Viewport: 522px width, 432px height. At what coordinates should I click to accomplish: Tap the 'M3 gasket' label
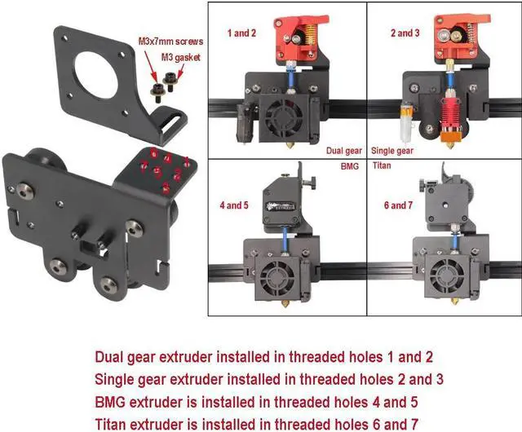click(178, 57)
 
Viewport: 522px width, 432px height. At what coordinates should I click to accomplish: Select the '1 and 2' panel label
click(242, 33)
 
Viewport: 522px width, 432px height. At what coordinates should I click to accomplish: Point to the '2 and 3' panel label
click(405, 33)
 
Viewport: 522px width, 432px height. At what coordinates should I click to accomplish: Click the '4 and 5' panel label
click(234, 205)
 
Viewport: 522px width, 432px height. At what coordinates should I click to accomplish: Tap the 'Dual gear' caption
click(343, 151)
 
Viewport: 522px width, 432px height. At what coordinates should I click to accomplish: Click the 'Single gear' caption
click(393, 151)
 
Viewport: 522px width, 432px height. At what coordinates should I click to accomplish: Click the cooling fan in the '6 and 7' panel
click(448, 272)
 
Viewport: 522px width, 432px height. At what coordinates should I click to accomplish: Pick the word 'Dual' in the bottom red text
click(111, 357)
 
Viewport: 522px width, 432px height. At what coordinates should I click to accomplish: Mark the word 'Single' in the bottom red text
click(116, 379)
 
